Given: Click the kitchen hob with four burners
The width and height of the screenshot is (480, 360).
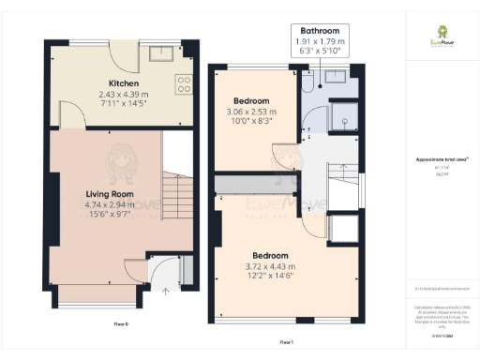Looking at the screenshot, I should pos(183,84).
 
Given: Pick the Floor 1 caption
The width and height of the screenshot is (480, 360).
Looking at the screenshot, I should pos(287,342).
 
